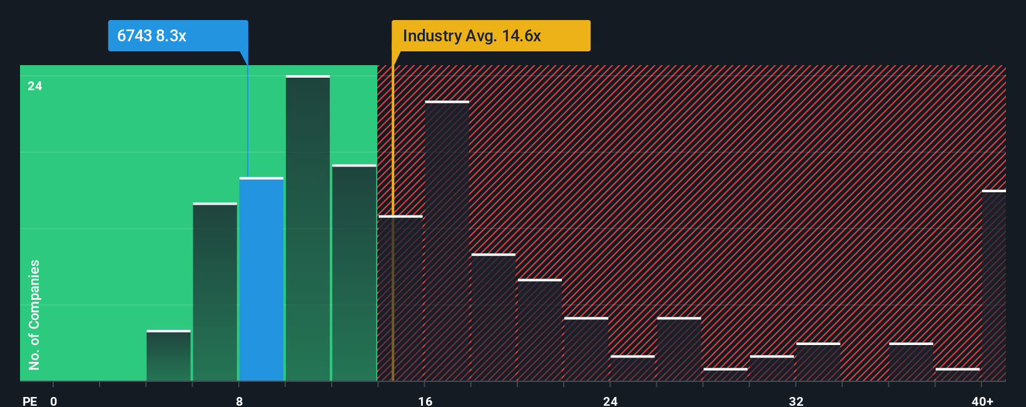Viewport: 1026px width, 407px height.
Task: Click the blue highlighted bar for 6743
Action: [262, 279]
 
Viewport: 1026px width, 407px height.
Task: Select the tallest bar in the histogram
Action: [308, 229]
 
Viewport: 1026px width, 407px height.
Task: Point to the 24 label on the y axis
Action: [35, 86]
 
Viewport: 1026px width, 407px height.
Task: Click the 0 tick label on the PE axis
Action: [54, 401]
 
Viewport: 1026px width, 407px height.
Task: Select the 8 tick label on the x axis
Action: [239, 401]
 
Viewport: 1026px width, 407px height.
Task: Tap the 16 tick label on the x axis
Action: [425, 401]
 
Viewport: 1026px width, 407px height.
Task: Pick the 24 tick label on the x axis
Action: [611, 401]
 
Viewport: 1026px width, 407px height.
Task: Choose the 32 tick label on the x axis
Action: [796, 401]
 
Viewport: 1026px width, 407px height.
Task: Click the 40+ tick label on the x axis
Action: [982, 401]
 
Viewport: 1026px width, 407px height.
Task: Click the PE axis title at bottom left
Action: [29, 401]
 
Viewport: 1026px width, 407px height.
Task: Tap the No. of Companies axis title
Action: [34, 314]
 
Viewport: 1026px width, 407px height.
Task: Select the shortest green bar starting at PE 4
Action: [169, 356]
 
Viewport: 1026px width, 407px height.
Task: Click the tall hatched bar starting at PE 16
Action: [447, 241]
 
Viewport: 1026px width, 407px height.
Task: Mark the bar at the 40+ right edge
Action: [993, 286]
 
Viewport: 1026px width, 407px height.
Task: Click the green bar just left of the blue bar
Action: [215, 292]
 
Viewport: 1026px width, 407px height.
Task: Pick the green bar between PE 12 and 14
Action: [354, 273]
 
